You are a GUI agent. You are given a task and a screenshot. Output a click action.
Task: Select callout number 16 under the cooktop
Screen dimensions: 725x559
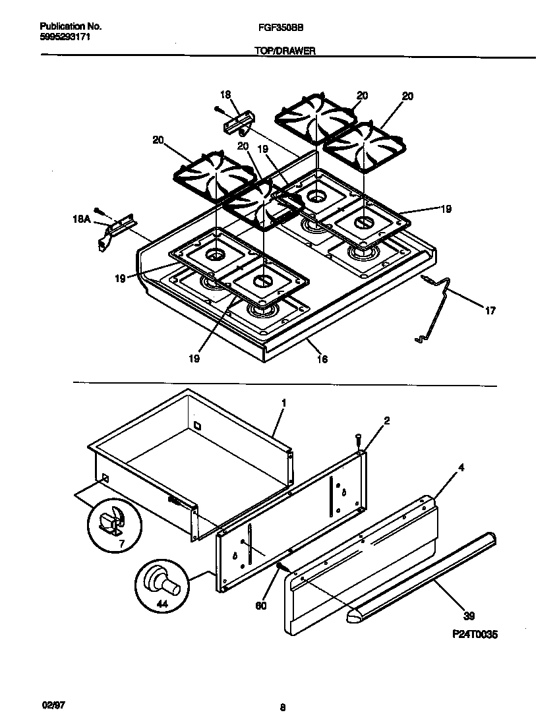pyautogui.click(x=322, y=359)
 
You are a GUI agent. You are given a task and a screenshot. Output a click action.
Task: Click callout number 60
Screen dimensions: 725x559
pyautogui.click(x=261, y=606)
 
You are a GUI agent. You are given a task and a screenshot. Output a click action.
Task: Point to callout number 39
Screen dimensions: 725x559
pyautogui.click(x=469, y=617)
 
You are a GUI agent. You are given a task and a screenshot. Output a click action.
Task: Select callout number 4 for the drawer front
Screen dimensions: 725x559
pyautogui.click(x=461, y=469)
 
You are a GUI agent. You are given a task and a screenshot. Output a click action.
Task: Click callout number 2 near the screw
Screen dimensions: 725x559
pyautogui.click(x=386, y=420)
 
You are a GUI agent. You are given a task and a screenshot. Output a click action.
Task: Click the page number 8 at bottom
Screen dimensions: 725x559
pyautogui.click(x=282, y=709)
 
